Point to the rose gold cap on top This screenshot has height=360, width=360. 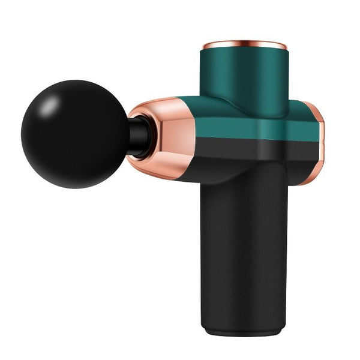243,46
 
